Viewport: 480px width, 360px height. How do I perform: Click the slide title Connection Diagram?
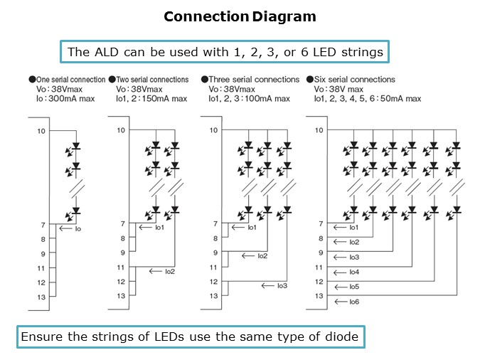[240, 16]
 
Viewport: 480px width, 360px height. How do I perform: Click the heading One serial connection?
[69, 80]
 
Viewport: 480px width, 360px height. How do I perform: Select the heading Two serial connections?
[151, 80]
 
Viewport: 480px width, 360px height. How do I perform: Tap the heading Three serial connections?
[254, 80]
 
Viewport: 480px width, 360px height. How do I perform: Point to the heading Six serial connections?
[353, 80]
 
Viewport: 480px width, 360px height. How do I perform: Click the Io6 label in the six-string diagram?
[354, 302]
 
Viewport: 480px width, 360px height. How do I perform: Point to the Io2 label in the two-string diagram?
[169, 271]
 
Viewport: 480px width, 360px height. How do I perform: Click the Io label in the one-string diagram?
[78, 230]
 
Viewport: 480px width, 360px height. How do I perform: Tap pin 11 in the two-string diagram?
[122, 268]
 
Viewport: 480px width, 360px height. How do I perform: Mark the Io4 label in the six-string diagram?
[354, 272]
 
